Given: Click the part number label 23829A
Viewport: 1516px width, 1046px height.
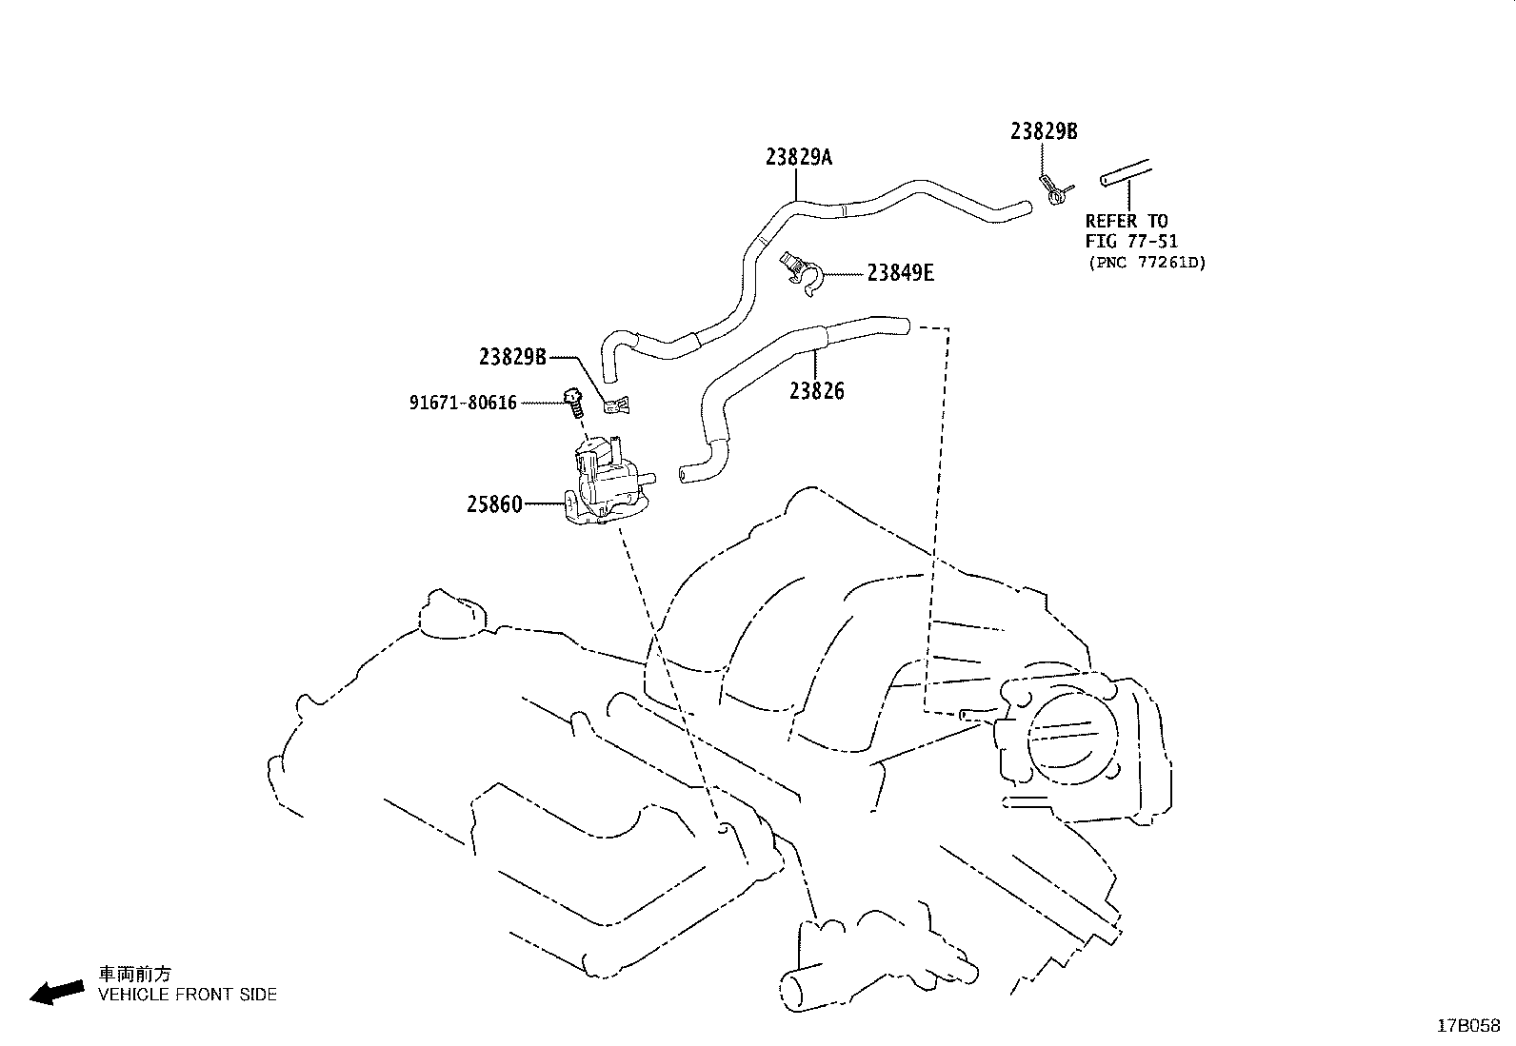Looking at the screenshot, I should click(x=798, y=157).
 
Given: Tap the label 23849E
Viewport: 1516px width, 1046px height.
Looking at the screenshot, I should click(x=900, y=274).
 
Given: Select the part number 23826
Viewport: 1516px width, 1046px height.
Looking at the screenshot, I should click(x=816, y=391).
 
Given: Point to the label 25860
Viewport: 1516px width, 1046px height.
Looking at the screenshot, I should click(x=494, y=504).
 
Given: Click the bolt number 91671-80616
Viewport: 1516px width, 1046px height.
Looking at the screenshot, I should click(x=463, y=404).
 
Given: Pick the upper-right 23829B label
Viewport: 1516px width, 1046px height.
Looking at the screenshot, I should click(x=1044, y=132).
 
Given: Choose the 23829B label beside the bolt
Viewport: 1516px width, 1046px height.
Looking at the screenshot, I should click(x=512, y=357).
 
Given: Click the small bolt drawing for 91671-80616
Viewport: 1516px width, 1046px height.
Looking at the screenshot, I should click(x=573, y=404).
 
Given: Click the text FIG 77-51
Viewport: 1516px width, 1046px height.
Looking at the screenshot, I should click(x=1131, y=242).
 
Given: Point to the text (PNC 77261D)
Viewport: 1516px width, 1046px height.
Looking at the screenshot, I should click(x=1147, y=263).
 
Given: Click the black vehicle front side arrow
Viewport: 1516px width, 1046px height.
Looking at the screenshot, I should click(x=56, y=992).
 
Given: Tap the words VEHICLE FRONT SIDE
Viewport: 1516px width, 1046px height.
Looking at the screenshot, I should click(x=188, y=995).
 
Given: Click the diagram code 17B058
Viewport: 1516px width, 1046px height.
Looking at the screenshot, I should click(x=1467, y=1026).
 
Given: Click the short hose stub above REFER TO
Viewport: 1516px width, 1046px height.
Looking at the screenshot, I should click(x=1125, y=173).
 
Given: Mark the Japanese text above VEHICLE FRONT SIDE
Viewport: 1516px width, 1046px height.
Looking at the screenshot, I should click(x=136, y=974).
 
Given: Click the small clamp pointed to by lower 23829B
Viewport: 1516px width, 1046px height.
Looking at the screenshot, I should click(x=617, y=406).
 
